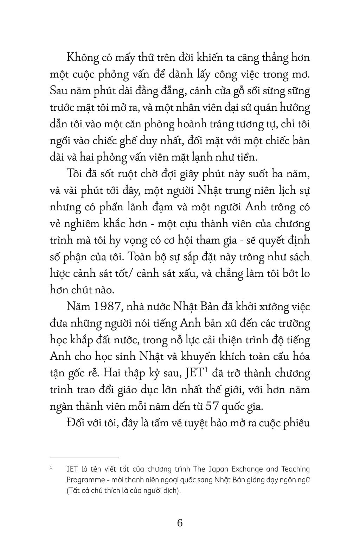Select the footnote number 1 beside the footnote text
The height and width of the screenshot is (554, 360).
point(51,468)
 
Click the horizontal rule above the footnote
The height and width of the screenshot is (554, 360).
point(84,458)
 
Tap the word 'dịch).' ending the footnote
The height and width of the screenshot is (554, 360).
point(172,491)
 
